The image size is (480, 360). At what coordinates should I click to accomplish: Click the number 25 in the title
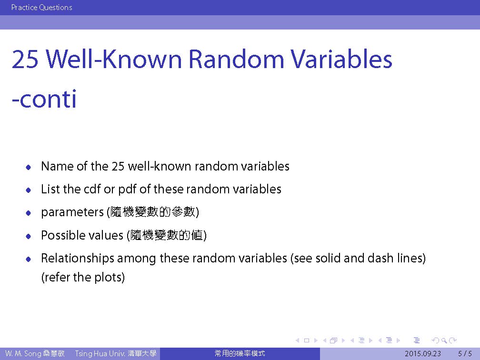(25, 59)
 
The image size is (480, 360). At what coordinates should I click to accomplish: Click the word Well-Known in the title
(114, 59)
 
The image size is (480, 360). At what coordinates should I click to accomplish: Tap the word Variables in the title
(341, 59)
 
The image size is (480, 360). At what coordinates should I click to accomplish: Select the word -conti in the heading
(44, 99)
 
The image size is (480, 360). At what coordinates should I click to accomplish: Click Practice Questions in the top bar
(41, 7)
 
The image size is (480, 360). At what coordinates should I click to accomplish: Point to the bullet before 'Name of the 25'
(29, 167)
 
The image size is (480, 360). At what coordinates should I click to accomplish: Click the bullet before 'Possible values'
(29, 236)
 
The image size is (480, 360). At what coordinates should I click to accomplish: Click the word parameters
(72, 212)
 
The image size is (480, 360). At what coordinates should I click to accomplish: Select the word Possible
(63, 235)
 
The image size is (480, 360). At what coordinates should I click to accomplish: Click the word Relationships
(78, 259)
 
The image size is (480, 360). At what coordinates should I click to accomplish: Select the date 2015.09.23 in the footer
(423, 354)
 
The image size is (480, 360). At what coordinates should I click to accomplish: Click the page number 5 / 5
(465, 354)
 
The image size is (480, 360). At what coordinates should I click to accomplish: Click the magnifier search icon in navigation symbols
(444, 340)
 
